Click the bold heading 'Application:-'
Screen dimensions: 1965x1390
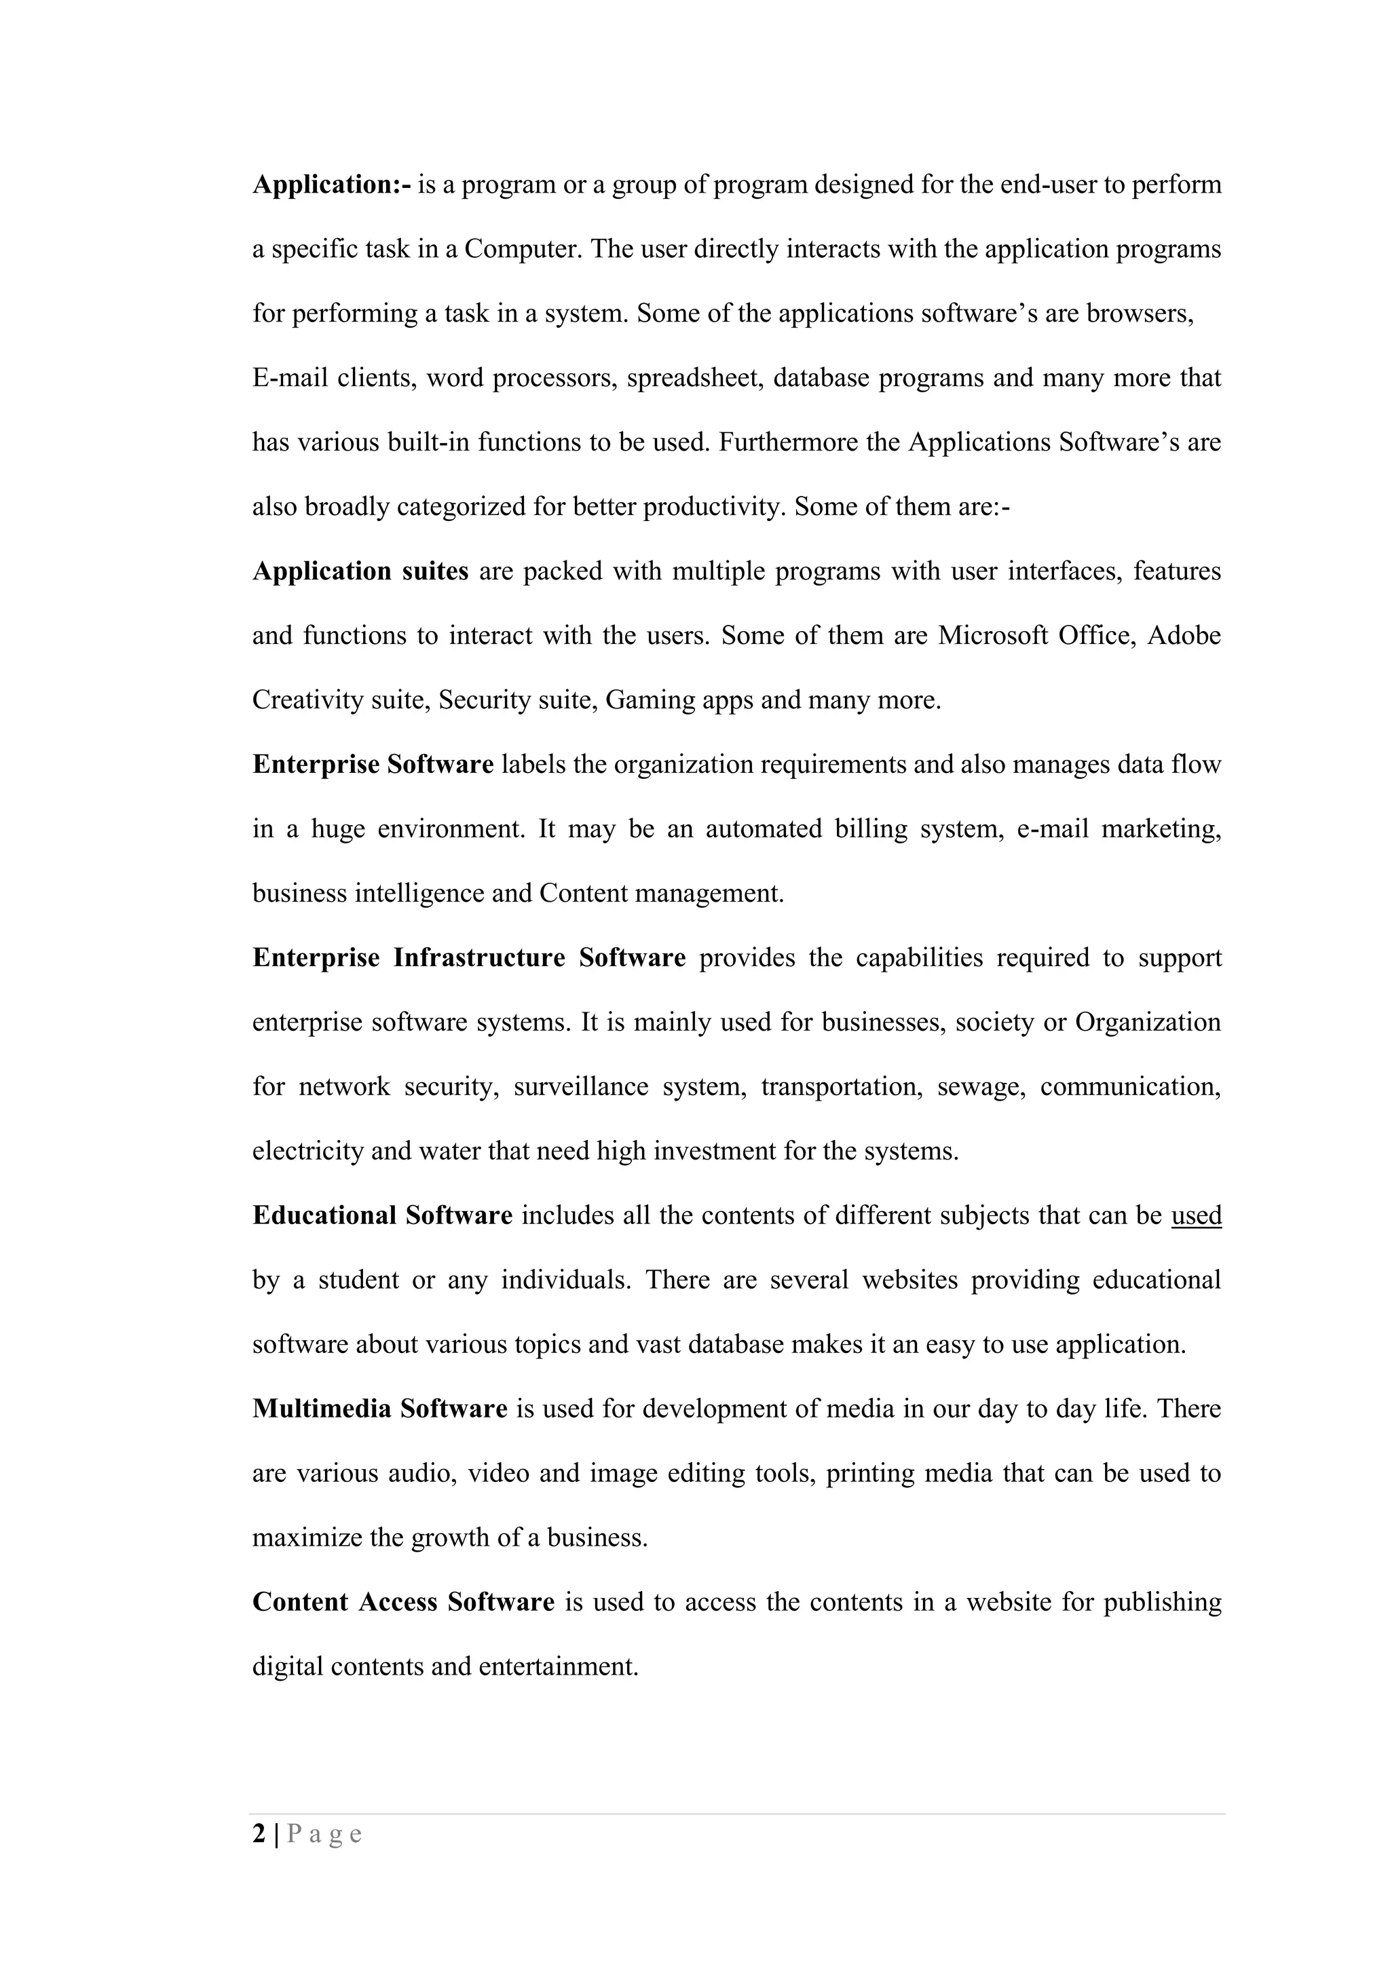(x=332, y=185)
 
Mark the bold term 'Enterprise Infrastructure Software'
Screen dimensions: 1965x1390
(x=469, y=957)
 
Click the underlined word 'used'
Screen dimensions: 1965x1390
(x=1196, y=1216)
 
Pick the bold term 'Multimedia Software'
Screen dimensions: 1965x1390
(x=380, y=1409)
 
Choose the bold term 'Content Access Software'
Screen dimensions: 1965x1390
(x=403, y=1602)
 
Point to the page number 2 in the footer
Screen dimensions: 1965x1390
(x=259, y=1834)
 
